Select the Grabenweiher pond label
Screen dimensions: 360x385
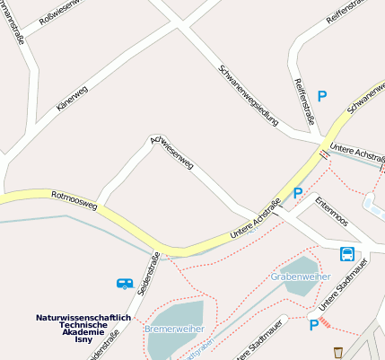[300, 277]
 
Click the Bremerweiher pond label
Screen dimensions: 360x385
[172, 329]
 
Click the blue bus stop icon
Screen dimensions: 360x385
[346, 254]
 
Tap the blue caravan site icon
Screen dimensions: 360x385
[125, 284]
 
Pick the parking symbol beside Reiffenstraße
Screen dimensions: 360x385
[321, 96]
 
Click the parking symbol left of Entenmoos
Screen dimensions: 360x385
[298, 192]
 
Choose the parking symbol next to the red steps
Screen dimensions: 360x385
[313, 325]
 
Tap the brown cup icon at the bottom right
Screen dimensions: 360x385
[337, 352]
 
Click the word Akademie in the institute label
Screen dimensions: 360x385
[83, 332]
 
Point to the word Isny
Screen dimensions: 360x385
[83, 340]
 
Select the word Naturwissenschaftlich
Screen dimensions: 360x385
[83, 317]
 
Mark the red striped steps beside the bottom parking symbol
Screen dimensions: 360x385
[325, 321]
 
